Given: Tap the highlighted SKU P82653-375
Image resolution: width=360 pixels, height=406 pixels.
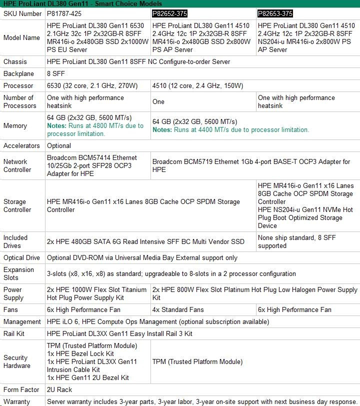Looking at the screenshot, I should (275, 13).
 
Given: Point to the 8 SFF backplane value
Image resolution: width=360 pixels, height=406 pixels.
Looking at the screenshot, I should (56, 73).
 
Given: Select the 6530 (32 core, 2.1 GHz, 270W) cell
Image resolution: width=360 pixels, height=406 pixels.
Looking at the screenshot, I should (92, 85).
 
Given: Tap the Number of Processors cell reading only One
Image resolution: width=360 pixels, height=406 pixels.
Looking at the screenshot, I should (158, 101).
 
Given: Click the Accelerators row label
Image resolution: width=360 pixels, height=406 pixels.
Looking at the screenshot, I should (21, 145).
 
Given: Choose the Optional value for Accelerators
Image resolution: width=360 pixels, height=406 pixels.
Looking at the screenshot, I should (59, 145).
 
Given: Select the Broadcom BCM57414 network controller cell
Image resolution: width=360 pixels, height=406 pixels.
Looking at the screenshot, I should (92, 165).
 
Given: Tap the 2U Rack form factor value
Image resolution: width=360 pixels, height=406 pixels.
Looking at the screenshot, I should (59, 389).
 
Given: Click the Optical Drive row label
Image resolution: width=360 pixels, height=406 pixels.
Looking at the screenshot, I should (21, 257).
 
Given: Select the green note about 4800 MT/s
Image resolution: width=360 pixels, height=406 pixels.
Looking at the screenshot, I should (95, 129).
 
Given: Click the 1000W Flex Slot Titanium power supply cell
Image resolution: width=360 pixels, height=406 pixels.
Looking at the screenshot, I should (96, 293).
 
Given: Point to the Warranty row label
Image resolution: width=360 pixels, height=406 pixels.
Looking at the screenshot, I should (16, 401).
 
